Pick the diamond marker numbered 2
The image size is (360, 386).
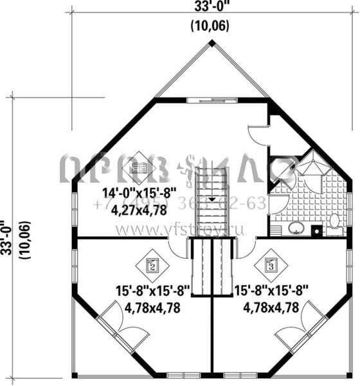pos(152,264)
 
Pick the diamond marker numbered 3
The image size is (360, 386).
pos(271,264)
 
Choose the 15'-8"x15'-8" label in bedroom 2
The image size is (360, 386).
pos(152,291)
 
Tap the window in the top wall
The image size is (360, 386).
pos(212,100)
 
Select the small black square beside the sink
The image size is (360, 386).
pos(316,229)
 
